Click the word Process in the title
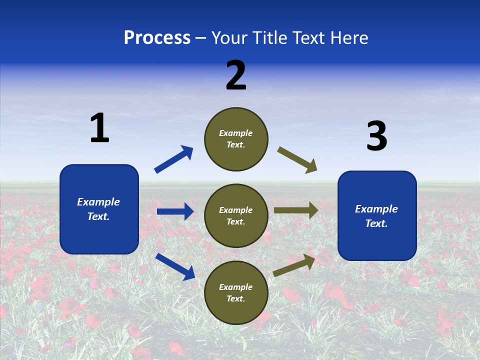(157, 38)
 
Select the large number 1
(99, 128)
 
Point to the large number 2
(236, 75)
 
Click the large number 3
(376, 136)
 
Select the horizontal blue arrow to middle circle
(175, 211)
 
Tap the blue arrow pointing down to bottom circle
(175, 266)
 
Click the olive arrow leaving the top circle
(297, 160)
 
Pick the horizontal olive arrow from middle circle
(296, 210)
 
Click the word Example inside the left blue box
(98, 202)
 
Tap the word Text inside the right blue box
(376, 223)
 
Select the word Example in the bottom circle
(236, 287)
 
